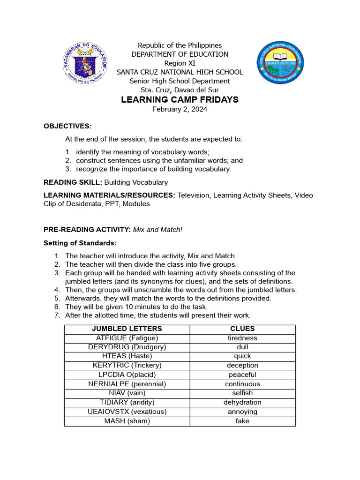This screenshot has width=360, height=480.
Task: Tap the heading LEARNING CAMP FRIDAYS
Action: pos(180,100)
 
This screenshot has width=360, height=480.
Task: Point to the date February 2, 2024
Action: pos(180,109)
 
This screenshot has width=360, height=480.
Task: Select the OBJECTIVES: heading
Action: pos(67,126)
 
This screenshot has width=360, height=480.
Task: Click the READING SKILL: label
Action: pos(73,182)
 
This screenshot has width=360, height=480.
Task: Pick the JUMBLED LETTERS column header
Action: pos(127,329)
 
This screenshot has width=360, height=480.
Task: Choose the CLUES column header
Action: pos(242,329)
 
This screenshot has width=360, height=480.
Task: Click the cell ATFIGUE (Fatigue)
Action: pos(127,338)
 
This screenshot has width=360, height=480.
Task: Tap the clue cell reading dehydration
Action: pos(242,402)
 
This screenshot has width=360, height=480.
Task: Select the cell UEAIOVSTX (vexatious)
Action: pos(127,412)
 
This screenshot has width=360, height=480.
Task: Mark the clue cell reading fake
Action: pos(242,421)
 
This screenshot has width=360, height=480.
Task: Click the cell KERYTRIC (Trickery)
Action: pos(127,366)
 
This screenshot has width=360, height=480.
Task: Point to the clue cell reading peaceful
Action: pos(242,375)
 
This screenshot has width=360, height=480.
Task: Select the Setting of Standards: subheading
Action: pos(80,243)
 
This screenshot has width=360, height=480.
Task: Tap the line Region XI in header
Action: pos(180,63)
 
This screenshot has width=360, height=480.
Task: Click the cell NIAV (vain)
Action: pos(127,393)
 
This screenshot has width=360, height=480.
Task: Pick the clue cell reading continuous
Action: pos(242,384)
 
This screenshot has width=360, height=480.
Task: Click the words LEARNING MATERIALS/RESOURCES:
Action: pos(109,195)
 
